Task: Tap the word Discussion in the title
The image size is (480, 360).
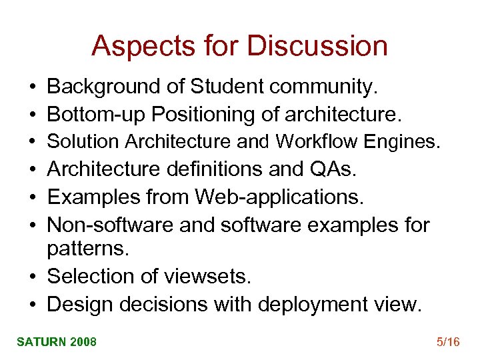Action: [x=317, y=46]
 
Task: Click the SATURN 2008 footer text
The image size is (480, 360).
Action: [x=57, y=342]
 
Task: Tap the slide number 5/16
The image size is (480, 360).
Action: [x=448, y=342]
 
